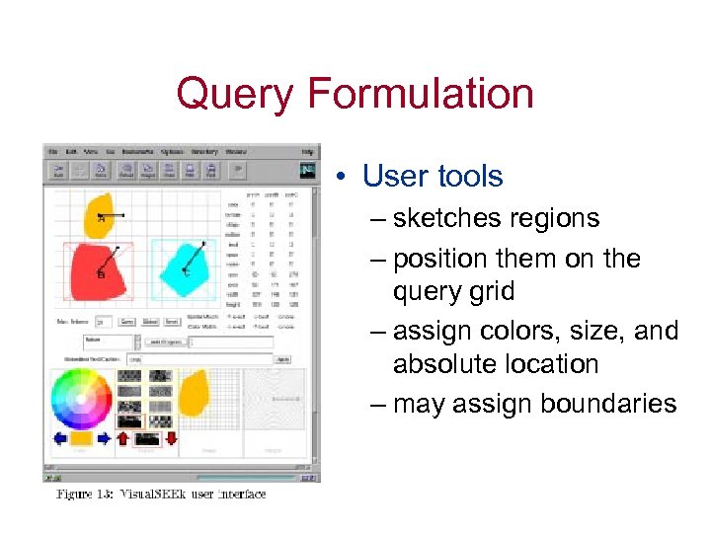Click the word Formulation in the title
422,95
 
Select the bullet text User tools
433,177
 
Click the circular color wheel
81,399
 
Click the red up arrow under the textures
123,438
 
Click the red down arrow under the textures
172,438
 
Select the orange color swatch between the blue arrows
81,438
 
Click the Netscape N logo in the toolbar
309,170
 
